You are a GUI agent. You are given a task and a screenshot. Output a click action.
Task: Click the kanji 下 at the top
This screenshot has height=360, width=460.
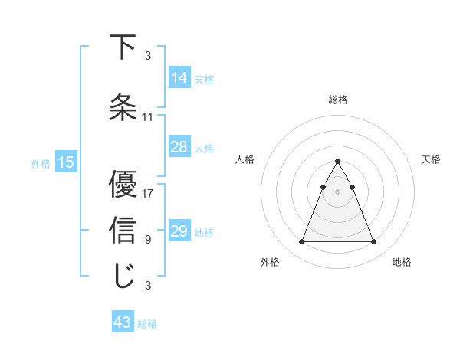click(123, 47)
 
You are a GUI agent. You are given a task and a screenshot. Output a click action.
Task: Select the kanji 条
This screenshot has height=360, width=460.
click(123, 108)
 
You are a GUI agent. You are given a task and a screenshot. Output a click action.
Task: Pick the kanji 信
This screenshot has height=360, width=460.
click(123, 231)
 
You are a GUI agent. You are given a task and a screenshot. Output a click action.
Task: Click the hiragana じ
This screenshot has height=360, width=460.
click(123, 277)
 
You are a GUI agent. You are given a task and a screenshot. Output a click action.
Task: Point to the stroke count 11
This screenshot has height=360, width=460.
click(148, 117)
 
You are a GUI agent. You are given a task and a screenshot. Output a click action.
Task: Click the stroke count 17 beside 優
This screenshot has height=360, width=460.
click(148, 193)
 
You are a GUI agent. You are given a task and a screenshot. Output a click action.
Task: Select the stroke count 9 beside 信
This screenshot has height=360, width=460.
click(148, 240)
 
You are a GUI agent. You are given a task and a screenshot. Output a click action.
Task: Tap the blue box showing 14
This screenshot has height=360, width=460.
click(179, 78)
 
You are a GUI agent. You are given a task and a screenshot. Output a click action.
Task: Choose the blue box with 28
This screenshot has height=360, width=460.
click(179, 147)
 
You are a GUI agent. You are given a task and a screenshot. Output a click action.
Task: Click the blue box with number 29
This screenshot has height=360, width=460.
click(179, 231)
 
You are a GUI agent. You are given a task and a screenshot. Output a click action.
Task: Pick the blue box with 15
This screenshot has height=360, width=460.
click(65, 162)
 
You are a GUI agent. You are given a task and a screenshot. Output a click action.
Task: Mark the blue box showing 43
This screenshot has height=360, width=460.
click(123, 323)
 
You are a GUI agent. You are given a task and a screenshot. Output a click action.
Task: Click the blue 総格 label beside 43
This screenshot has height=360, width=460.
click(147, 324)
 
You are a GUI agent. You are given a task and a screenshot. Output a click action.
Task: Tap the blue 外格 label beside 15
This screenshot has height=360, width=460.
click(41, 163)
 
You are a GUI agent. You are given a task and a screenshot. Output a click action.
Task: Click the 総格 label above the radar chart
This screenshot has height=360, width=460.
click(337, 100)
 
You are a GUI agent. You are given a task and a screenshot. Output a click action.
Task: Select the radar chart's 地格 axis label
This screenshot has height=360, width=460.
click(402, 263)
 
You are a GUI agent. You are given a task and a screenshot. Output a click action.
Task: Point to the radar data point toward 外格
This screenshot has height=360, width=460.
click(301, 242)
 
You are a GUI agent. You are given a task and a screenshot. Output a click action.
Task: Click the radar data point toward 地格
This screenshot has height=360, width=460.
click(373, 242)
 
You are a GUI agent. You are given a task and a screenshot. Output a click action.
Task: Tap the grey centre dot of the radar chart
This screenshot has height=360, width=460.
click(337, 191)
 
